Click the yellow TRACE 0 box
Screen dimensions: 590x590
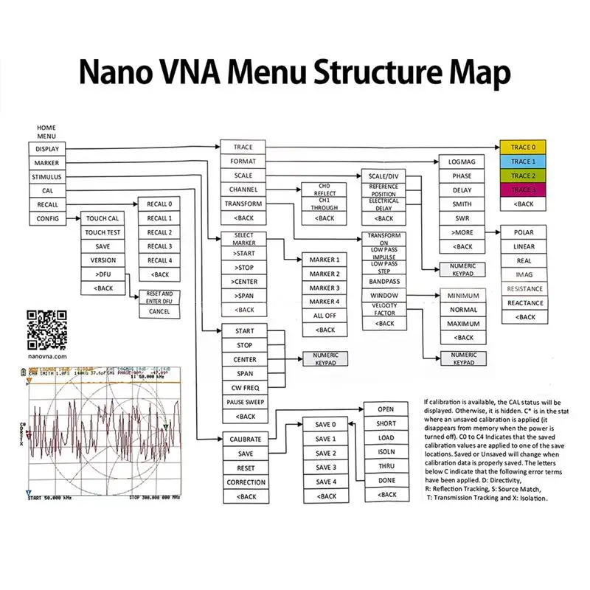point(523,147)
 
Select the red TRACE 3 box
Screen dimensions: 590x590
point(523,190)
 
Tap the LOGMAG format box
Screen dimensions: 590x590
point(461,161)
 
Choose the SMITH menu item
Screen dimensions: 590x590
point(461,204)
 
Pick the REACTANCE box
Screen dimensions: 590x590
point(525,303)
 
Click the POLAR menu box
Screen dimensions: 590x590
point(525,232)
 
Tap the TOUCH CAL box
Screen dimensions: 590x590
point(103,219)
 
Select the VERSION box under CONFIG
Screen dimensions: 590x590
point(103,260)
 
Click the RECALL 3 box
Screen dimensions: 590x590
point(159,246)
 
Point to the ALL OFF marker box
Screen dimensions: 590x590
point(324,316)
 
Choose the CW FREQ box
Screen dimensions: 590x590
point(245,388)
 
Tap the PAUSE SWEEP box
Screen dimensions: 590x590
point(245,402)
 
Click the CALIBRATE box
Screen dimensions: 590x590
point(245,439)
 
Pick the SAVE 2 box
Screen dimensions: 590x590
point(324,453)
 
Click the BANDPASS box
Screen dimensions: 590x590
point(383,282)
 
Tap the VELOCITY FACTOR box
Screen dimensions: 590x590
point(383,310)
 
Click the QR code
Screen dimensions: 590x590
point(46,330)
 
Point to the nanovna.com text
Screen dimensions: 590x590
point(46,355)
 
